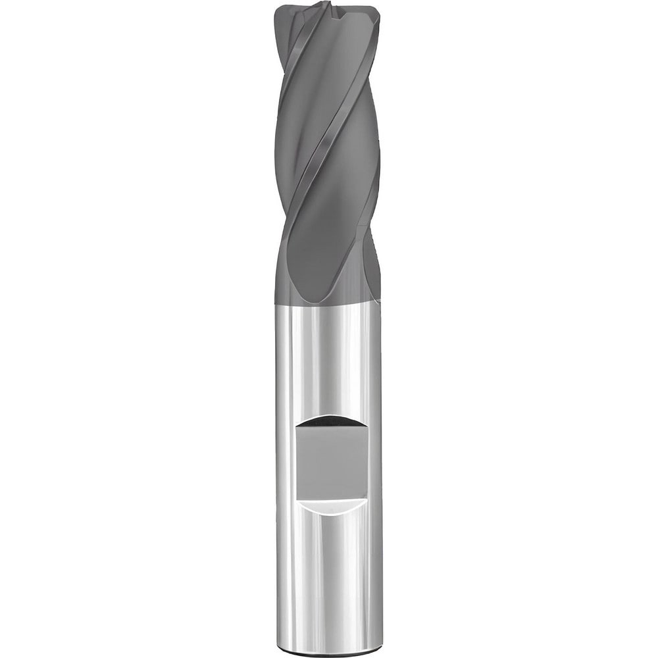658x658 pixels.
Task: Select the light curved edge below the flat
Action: pyautogui.click(x=329, y=503)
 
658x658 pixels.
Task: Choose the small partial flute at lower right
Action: pyautogui.click(x=372, y=263)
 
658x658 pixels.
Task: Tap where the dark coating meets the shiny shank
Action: pyautogui.click(x=329, y=303)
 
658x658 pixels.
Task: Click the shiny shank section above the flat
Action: pyautogui.click(x=329, y=362)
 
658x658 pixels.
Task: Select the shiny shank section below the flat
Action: pyautogui.click(x=329, y=572)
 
